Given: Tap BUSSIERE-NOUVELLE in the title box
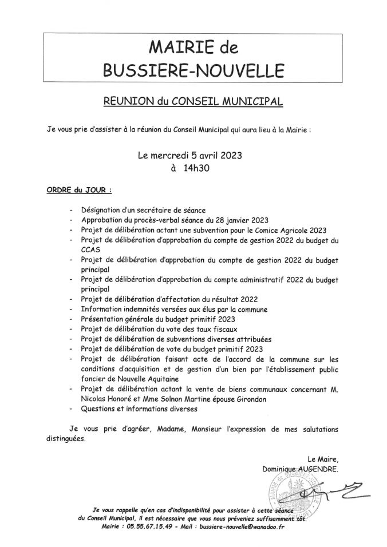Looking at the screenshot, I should coord(193,70).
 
